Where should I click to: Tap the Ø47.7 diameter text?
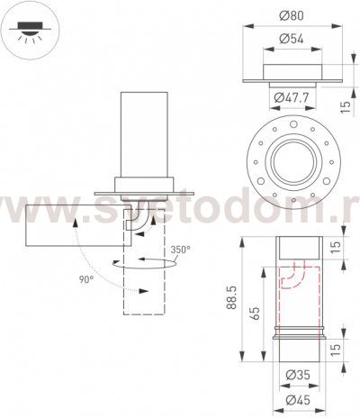coord(291,95)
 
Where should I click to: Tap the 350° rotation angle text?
coord(181,250)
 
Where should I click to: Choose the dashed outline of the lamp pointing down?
coord(143,279)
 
